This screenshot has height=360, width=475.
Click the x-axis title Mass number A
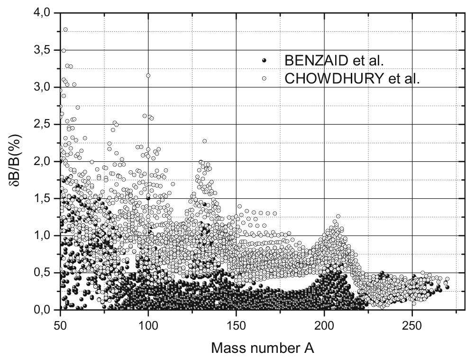(x=262, y=349)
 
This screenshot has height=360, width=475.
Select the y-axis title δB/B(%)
(x=15, y=161)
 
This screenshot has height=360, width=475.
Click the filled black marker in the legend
(x=265, y=61)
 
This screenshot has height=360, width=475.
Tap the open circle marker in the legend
(x=265, y=78)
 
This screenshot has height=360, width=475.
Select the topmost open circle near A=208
(x=338, y=216)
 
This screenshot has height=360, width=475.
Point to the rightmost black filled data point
(x=447, y=287)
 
